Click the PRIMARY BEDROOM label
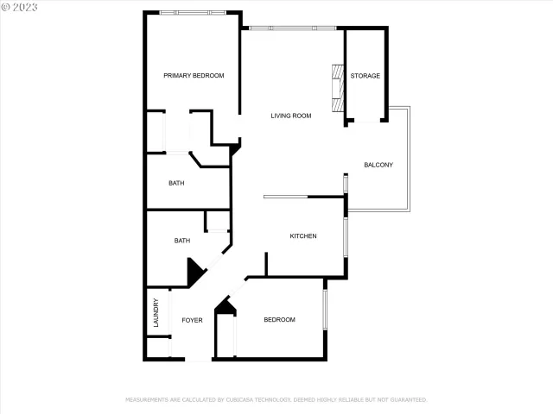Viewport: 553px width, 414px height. tap(194, 76)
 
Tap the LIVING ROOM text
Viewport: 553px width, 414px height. tap(290, 116)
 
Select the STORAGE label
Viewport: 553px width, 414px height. tap(365, 76)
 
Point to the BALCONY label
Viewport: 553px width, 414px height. tap(378, 165)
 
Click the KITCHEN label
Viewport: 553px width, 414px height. tap(302, 236)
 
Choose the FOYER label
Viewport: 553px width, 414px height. tap(192, 320)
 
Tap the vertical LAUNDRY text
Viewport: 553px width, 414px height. tap(156, 312)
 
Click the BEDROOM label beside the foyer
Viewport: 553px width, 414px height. tap(279, 320)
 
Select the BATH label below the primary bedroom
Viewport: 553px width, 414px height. tap(176, 183)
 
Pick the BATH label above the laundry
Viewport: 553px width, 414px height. tap(182, 241)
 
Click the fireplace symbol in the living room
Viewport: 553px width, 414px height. tap(336, 90)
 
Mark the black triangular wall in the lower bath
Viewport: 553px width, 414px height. tap(194, 273)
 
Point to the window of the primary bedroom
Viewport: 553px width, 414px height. tap(194, 12)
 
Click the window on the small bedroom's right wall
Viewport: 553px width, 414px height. tap(325, 309)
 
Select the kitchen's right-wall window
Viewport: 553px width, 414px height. tap(346, 237)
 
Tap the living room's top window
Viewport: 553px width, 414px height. tap(292, 28)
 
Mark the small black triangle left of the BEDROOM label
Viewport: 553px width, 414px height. tap(225, 306)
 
